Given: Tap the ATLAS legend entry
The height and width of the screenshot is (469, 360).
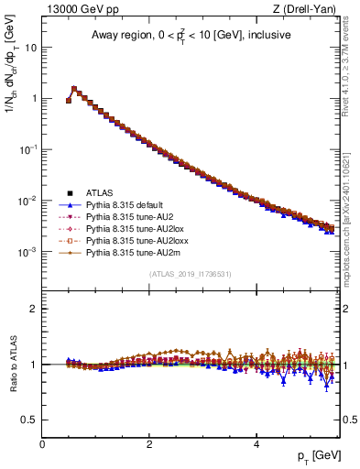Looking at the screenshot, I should coord(101,192).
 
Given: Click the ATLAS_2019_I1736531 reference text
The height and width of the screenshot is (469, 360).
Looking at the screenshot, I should coord(191,274).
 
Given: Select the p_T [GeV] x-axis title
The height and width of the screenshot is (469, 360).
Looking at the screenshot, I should coord(318,455).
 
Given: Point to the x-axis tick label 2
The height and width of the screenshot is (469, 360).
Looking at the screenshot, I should coord(149,444).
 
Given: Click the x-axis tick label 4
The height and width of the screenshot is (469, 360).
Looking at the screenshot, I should coord(256,444).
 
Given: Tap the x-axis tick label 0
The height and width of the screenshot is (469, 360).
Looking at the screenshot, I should coord(42,444).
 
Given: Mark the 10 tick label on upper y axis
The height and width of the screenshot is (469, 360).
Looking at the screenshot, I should coord(31,47).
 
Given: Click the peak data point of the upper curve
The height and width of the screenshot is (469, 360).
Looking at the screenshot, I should coord(74,89).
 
